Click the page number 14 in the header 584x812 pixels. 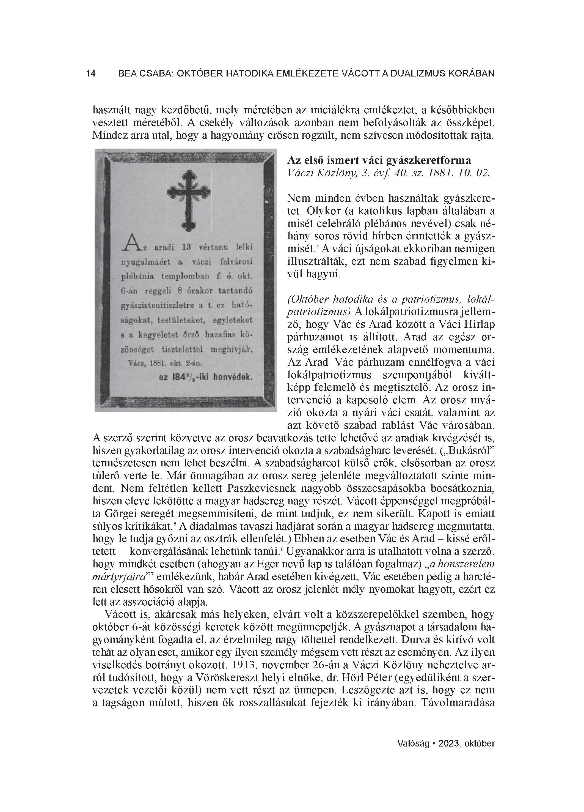coord(91,74)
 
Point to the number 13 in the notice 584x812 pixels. coord(188,247)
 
